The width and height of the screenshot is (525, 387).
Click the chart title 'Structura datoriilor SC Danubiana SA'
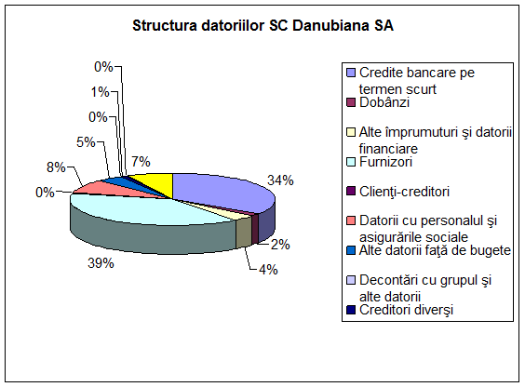pos(262,26)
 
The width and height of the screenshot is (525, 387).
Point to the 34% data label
pos(280,180)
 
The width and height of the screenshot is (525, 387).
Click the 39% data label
pos(101,263)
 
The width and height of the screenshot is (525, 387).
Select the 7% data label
pos(141,162)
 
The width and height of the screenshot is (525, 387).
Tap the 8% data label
pos(56,167)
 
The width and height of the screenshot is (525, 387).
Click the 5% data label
pos(86,142)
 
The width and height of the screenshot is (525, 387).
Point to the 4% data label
pos(268,270)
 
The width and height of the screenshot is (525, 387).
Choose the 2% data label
pos(280,245)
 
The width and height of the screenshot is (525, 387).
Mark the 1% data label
pos(101,92)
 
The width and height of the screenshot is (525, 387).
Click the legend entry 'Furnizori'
pos(385,162)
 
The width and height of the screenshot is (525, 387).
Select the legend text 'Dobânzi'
pos(384,102)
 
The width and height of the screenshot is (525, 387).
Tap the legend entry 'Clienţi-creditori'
pos(404,192)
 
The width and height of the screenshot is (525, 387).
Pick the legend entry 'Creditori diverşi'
pos(406,310)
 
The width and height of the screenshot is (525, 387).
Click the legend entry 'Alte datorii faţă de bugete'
pos(435,250)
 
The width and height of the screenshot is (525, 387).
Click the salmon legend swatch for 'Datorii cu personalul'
pos(351,220)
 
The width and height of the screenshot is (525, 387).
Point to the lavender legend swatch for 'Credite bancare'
pos(351,73)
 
